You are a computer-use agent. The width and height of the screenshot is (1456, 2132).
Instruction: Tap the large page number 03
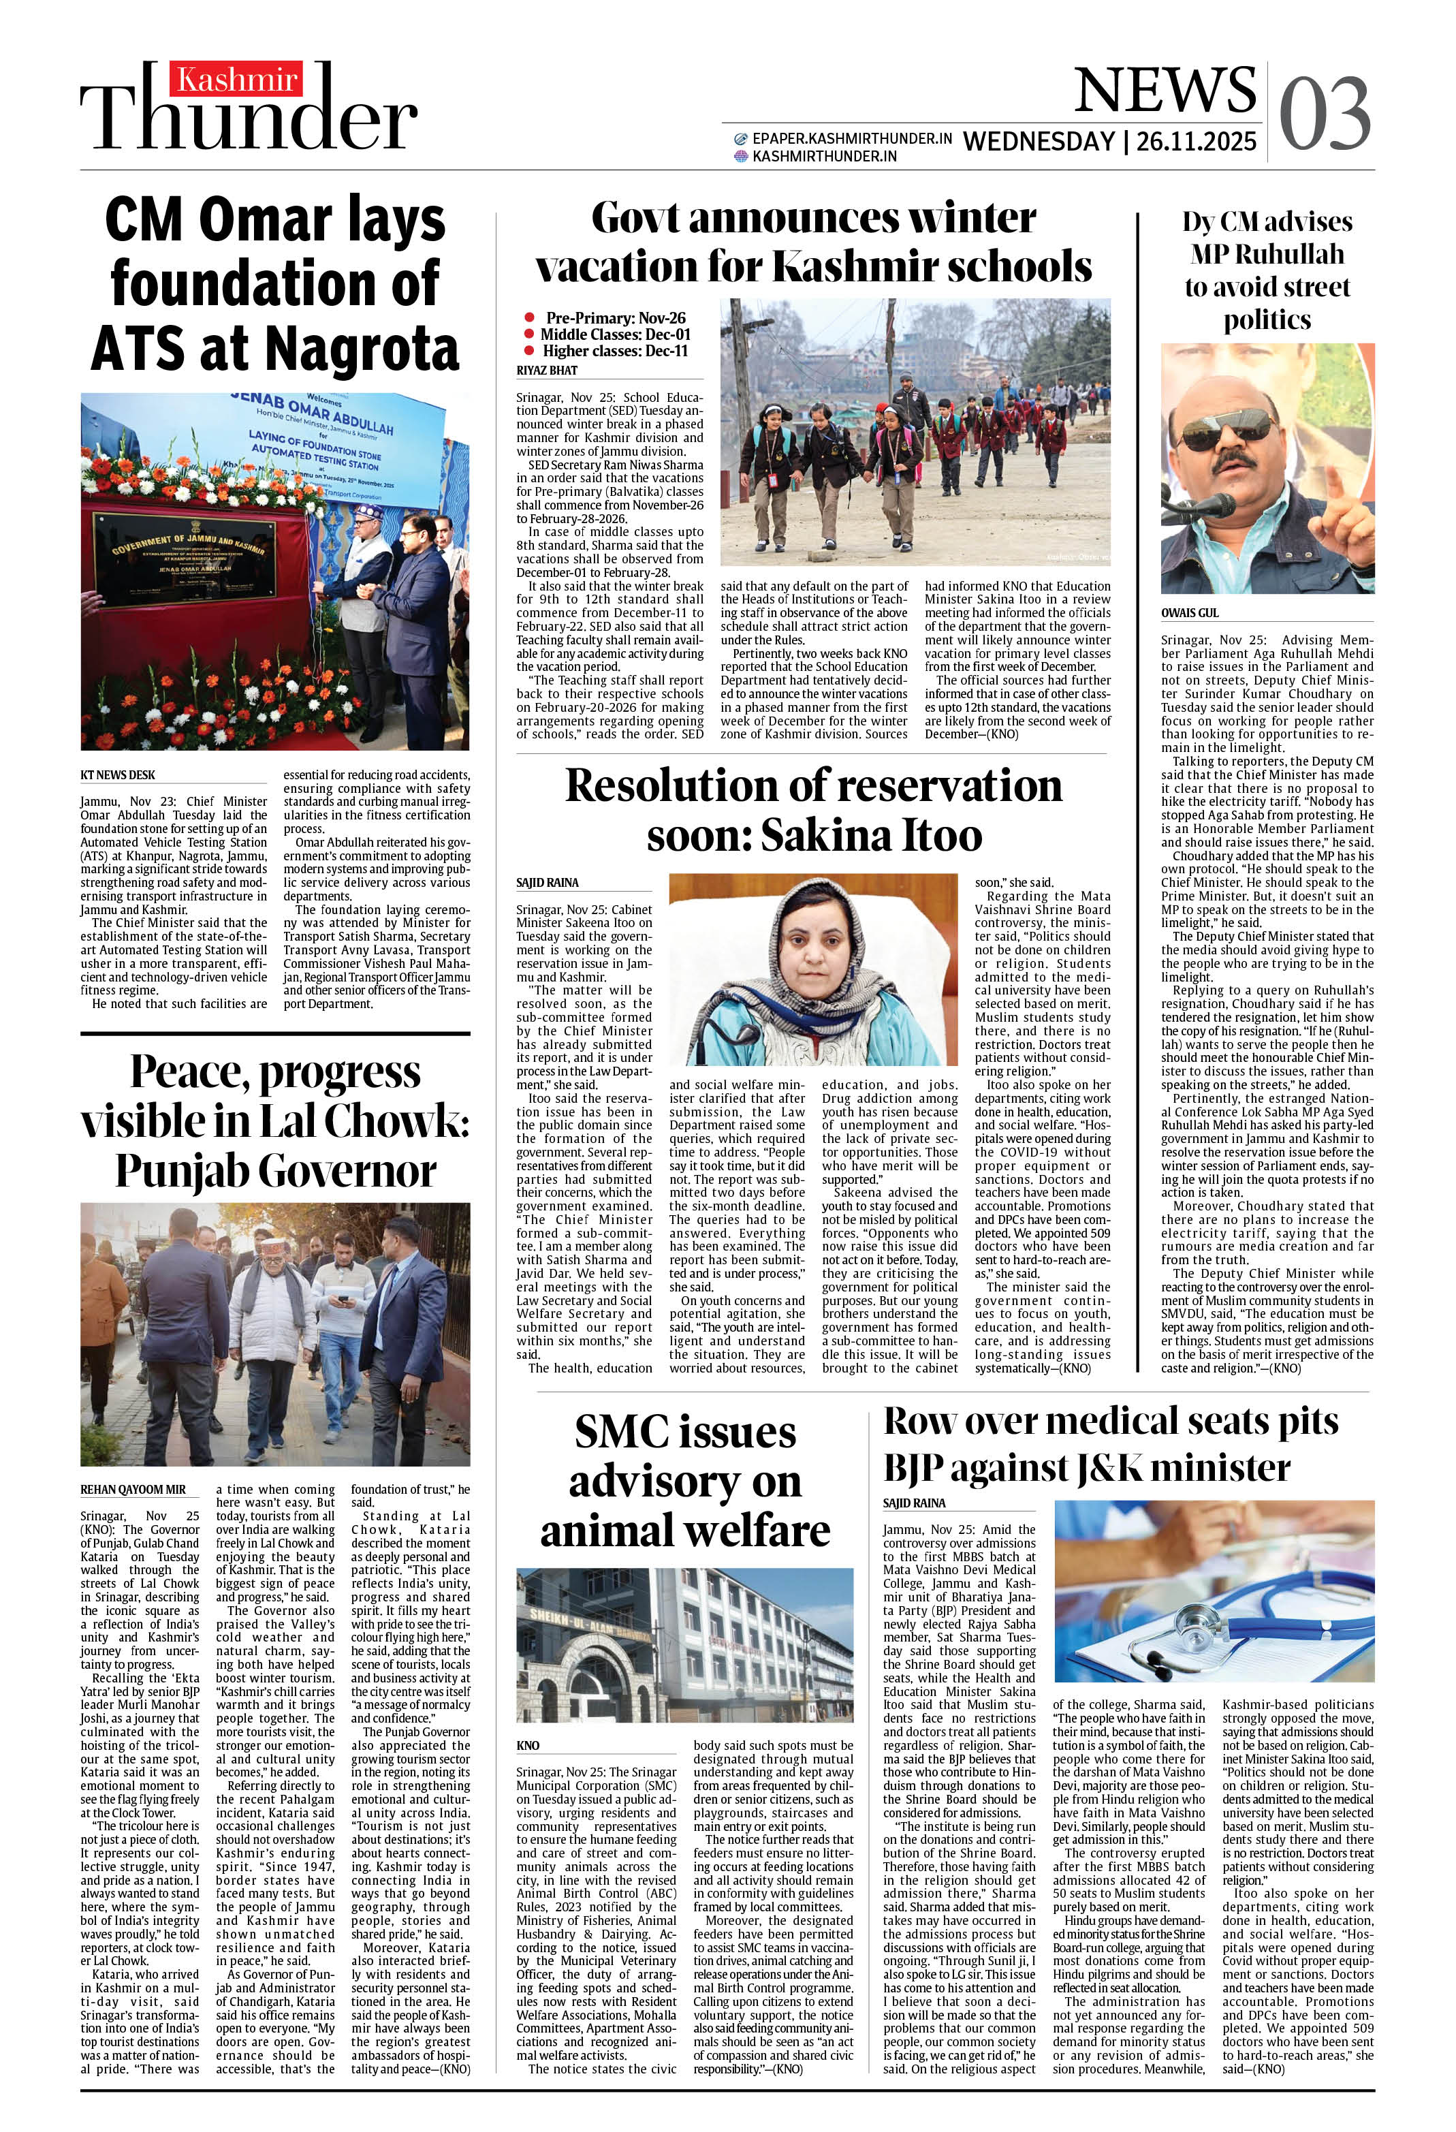pyautogui.click(x=1324, y=114)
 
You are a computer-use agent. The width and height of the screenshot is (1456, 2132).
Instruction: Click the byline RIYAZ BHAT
pyautogui.click(x=547, y=371)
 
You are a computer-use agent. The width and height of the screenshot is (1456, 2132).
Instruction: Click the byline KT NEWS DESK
pyautogui.click(x=117, y=775)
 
